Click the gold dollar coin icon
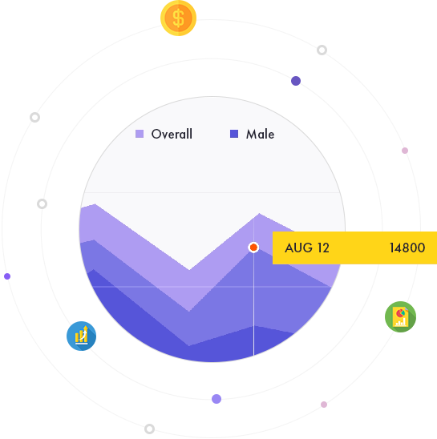coord(178,18)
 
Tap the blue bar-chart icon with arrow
coord(81,336)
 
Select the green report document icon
coord(400,316)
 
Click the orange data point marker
coord(253,248)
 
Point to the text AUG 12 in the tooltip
coord(307,248)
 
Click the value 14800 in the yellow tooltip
coord(407,248)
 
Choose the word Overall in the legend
coord(172,134)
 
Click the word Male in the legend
coord(260,134)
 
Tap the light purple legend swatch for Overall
coord(140,134)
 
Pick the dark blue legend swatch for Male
coord(234,134)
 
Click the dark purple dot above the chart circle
coord(296,81)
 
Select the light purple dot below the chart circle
coord(216,399)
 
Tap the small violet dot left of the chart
coord(7,276)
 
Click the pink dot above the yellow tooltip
coord(405,151)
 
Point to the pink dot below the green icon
coord(324,405)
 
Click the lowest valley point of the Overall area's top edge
coord(189,270)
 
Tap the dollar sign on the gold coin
coord(178,18)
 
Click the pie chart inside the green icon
coord(401,312)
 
